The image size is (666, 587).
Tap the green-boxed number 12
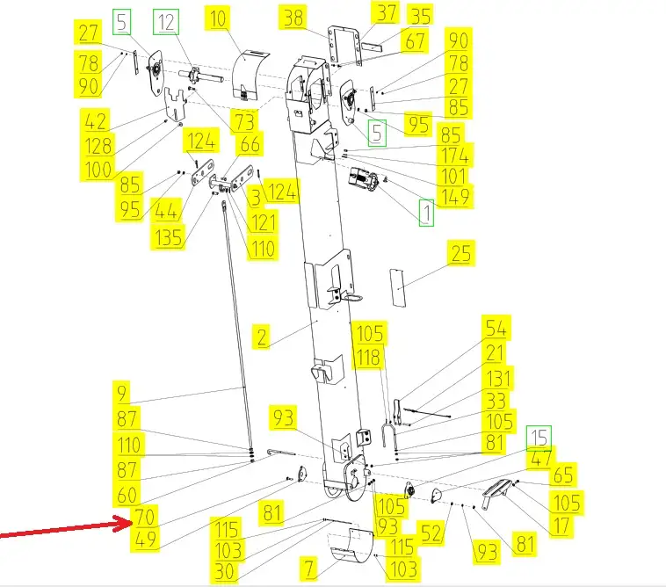[165, 20]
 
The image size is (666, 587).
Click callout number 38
[293, 17]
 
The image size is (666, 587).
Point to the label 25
[460, 254]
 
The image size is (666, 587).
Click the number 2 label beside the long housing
[262, 336]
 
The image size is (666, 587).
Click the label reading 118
[369, 357]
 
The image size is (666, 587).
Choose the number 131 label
[499, 378]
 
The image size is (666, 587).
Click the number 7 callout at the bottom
[308, 568]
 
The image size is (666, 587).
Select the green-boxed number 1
[426, 212]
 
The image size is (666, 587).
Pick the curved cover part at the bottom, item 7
[349, 547]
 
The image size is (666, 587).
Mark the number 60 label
[128, 495]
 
